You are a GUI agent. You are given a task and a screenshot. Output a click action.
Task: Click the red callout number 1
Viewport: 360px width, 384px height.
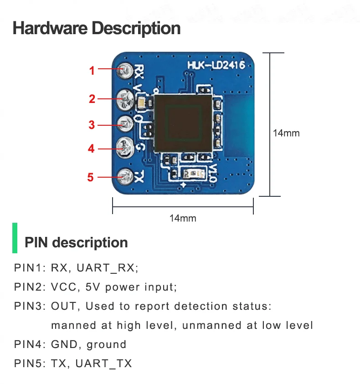pos(92,71)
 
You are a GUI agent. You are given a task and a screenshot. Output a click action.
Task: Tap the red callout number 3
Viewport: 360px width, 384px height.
pos(92,125)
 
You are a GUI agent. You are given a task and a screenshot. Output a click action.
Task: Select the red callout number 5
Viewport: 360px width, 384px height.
pos(90,177)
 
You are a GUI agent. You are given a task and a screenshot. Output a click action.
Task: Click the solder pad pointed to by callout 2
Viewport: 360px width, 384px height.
pos(125,100)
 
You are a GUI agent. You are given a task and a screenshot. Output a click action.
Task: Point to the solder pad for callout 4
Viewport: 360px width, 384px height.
pos(125,148)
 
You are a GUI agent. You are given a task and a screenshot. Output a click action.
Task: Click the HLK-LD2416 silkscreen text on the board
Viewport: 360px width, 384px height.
pos(216,65)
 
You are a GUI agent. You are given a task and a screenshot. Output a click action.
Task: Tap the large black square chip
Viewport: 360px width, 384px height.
pos(183,123)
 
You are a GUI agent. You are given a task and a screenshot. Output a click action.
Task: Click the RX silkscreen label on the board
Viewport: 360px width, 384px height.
pos(139,72)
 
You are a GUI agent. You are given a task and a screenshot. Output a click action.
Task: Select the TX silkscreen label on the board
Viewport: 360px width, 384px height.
pos(139,177)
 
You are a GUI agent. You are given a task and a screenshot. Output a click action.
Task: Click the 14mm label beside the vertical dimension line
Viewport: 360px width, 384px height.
pos(286,133)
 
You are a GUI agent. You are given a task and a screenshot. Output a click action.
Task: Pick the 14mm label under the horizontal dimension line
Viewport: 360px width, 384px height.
pos(183,218)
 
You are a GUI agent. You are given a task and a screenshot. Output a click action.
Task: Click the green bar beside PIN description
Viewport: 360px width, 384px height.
pos(15,238)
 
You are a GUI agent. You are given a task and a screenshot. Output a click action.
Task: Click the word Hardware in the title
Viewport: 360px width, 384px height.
pos(50,28)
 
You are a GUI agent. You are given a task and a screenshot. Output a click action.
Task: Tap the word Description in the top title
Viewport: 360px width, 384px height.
pos(136,29)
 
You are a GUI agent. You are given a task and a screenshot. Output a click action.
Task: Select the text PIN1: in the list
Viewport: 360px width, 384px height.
pos(30,267)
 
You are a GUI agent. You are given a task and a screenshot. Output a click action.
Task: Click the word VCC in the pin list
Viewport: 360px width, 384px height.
pos(64,287)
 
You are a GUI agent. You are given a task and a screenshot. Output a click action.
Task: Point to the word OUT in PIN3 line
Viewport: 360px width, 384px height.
pos(64,306)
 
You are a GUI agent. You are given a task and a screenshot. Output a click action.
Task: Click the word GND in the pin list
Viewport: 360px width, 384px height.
pos(64,344)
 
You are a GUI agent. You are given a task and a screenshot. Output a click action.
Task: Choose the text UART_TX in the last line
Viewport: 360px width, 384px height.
pos(103,364)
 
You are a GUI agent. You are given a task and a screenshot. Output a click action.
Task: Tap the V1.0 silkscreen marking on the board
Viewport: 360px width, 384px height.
pos(213,173)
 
